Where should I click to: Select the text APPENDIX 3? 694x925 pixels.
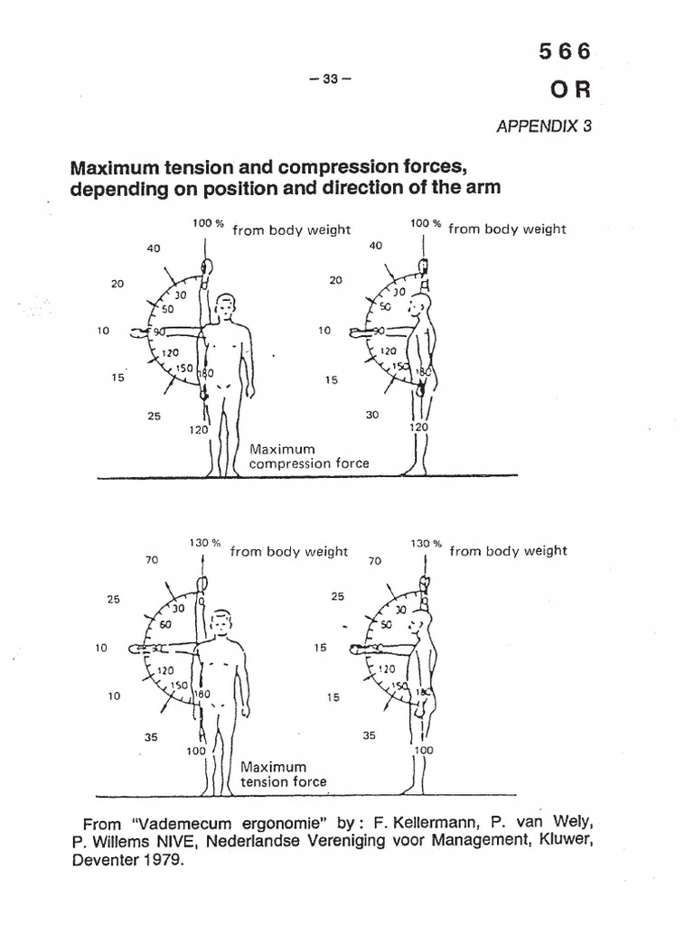pyautogui.click(x=544, y=126)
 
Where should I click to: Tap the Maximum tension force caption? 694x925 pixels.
pyautogui.click(x=282, y=774)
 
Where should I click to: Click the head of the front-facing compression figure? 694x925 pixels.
pyautogui.click(x=227, y=307)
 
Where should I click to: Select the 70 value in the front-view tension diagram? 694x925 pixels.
pyautogui.click(x=151, y=560)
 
